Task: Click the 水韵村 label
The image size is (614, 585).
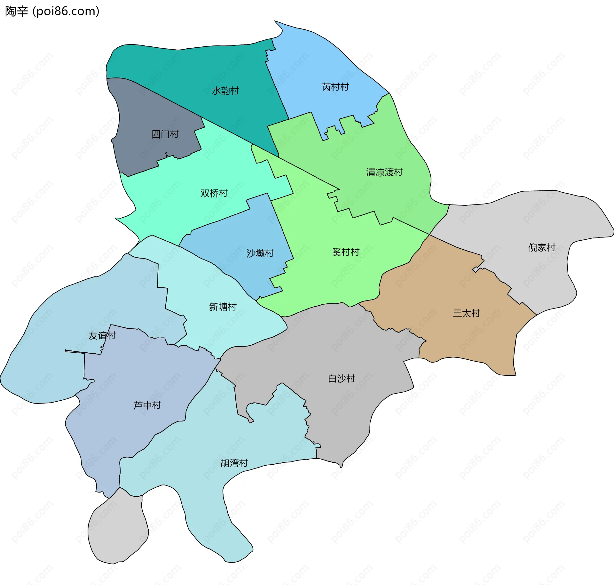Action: (225, 91)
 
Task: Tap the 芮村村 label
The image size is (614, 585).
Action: (335, 87)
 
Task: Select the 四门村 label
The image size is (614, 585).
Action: (165, 134)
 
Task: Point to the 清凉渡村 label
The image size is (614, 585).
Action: (384, 172)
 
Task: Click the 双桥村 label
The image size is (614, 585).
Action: (214, 193)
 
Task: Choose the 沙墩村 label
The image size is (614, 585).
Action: (260, 253)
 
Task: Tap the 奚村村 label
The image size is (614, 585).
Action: (346, 252)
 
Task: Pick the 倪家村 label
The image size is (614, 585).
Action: (542, 247)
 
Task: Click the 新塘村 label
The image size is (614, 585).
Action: (223, 307)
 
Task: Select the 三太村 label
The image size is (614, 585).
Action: (466, 313)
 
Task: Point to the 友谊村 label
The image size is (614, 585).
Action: (102, 335)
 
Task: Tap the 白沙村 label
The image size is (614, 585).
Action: (342, 379)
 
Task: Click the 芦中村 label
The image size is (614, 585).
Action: (147, 405)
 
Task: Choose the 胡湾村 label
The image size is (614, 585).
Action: (234, 463)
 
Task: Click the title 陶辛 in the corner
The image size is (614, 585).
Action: (17, 11)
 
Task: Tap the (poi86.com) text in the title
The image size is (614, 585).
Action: (66, 11)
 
